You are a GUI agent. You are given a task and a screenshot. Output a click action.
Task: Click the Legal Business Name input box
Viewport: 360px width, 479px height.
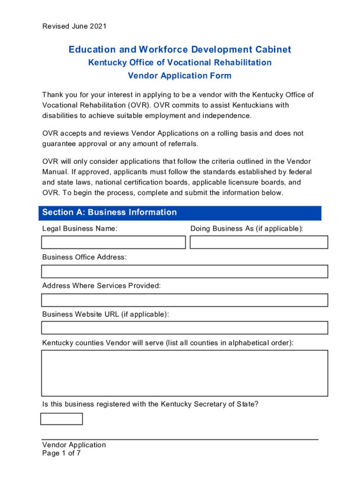pos(114,242)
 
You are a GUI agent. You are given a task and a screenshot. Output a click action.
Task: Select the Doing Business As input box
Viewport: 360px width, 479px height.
pos(259,242)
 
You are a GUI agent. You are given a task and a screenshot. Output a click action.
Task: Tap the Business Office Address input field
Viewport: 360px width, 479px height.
pos(185,271)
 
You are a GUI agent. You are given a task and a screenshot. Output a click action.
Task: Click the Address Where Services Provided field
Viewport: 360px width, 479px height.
pos(185,300)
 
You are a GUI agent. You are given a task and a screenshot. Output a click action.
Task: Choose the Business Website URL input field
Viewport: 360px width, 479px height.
pos(185,328)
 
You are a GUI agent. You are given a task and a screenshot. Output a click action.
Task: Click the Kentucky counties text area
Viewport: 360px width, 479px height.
pos(185,373)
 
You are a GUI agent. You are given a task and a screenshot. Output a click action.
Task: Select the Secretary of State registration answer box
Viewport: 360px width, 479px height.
pos(62,419)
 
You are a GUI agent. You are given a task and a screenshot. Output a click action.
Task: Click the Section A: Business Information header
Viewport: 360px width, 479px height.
pos(109,212)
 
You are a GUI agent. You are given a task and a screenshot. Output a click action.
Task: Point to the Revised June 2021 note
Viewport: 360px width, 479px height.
pos(74,26)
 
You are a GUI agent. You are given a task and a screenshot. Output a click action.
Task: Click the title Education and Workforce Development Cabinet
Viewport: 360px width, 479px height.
pos(180,50)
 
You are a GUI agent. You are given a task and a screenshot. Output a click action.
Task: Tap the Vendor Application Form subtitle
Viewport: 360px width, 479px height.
pos(180,76)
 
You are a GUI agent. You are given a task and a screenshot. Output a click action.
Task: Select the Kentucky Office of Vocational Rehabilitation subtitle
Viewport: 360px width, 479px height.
pos(180,63)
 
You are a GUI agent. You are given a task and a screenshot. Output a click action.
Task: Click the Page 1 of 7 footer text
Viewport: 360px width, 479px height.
pos(61,453)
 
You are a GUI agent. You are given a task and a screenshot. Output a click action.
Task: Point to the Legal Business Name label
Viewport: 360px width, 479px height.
pos(79,229)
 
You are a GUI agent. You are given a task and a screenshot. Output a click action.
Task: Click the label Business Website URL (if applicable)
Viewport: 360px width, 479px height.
pos(106,314)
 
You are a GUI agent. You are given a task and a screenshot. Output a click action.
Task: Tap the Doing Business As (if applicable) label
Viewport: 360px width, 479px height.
pos(247,229)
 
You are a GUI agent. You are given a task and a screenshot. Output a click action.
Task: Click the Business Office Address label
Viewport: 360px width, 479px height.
pos(84,257)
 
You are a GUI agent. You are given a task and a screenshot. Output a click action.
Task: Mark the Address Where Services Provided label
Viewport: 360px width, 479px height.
pos(101,286)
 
